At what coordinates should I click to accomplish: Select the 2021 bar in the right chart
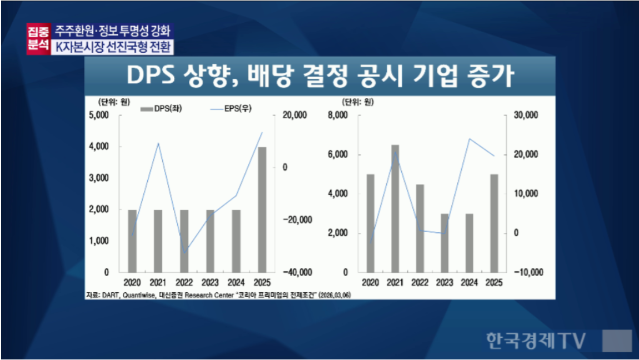coord(395,208)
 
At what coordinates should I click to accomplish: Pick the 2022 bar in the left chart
coord(184,241)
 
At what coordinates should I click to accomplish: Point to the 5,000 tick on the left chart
coord(99,116)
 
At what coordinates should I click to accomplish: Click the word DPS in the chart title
coord(149,77)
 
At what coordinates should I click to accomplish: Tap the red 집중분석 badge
coord(38,39)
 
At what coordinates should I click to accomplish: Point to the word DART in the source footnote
coord(112,295)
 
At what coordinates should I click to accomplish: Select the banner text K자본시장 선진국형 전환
coord(113,47)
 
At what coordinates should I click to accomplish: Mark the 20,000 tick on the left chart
coord(294,116)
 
